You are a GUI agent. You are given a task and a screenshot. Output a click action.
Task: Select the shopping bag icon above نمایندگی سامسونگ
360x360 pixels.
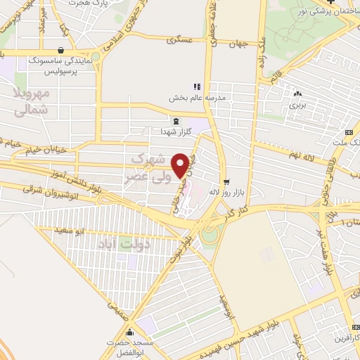tap(64, 50)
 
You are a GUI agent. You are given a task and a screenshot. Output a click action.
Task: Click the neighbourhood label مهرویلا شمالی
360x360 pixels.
tap(32, 101)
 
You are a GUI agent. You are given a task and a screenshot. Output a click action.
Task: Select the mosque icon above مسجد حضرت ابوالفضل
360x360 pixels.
tap(129, 333)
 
